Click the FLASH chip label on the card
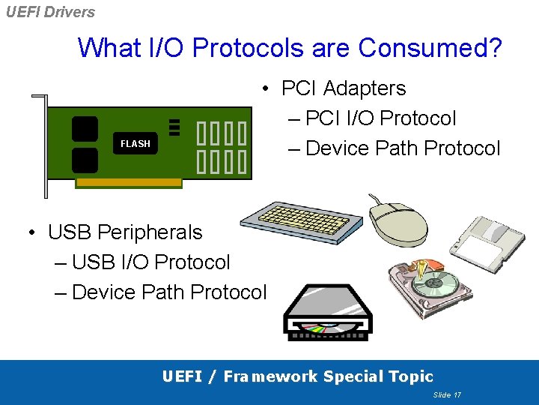(135, 143)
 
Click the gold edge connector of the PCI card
(129, 182)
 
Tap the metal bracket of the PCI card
(42, 142)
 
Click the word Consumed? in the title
(430, 47)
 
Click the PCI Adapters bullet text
(343, 88)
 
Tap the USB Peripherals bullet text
(125, 232)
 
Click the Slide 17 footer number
(447, 394)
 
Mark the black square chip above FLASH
(85, 127)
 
